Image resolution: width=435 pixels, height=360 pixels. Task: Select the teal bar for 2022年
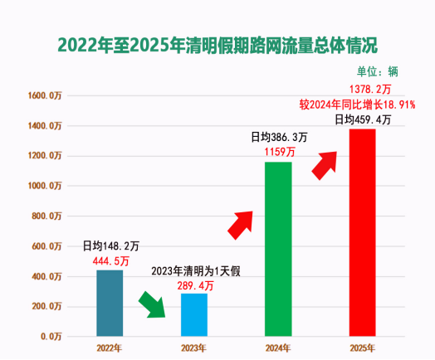click(x=110, y=303)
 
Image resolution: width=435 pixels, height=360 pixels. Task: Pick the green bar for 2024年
click(x=278, y=249)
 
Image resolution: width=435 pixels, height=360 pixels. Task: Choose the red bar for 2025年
click(x=362, y=232)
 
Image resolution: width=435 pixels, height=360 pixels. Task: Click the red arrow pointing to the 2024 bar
click(x=245, y=222)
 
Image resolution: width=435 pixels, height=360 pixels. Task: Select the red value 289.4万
click(x=195, y=285)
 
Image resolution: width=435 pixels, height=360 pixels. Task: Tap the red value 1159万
click(x=278, y=153)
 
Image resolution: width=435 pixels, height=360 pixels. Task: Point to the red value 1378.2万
click(x=362, y=90)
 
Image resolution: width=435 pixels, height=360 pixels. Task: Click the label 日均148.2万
click(x=110, y=246)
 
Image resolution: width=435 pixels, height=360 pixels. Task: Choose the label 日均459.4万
click(x=363, y=120)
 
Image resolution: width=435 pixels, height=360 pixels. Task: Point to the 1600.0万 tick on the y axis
click(x=44, y=95)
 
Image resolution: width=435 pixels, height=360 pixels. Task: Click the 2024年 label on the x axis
click(x=278, y=348)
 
